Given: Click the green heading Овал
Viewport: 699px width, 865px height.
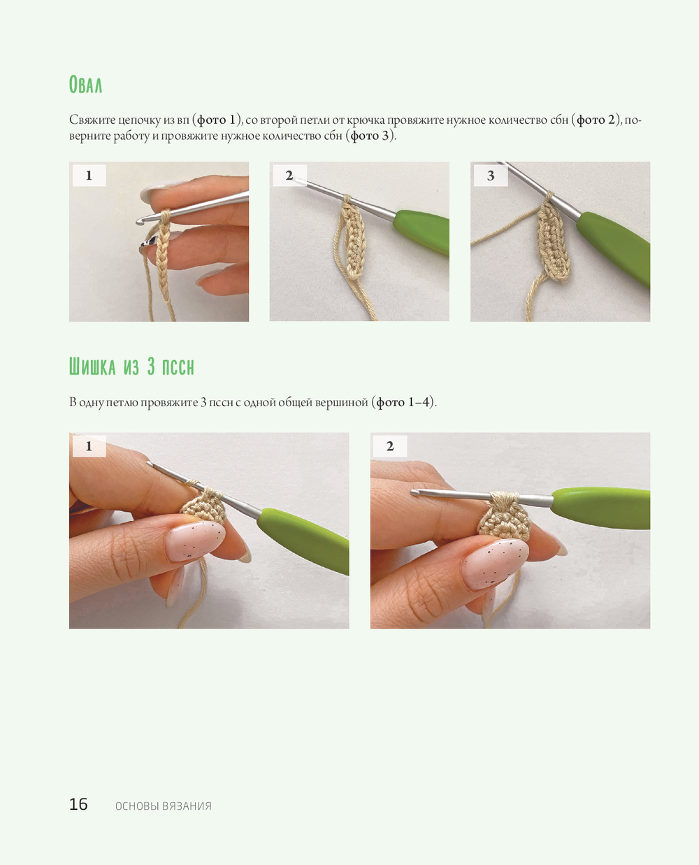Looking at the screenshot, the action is point(85,85).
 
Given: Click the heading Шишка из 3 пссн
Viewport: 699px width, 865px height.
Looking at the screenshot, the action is point(131,366).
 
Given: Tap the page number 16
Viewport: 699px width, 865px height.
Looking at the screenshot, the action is point(78,803).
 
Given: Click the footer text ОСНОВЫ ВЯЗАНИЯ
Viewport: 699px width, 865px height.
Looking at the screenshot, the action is point(163,806).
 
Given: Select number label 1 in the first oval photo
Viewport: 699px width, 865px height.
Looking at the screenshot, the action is point(89,175).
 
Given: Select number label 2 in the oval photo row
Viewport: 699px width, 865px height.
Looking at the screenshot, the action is point(289,175).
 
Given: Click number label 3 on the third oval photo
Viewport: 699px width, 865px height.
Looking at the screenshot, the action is point(491,175).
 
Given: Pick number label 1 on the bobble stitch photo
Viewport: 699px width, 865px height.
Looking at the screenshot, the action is point(89,446).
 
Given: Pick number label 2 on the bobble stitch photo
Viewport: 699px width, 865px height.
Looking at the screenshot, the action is point(389,446).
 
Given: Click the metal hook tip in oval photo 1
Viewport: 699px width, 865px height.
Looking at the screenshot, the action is point(140,222).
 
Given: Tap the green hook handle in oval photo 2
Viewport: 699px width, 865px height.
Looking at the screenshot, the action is point(422,231).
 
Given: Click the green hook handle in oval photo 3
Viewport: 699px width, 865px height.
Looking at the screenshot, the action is point(614,247).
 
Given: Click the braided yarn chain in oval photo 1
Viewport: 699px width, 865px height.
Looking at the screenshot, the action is point(164,260).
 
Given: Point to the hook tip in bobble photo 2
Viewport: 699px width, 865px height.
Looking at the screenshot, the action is point(415,492).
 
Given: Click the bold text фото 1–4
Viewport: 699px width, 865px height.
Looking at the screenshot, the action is point(403,402).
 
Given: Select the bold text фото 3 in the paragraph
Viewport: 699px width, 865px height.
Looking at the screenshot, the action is point(370,135).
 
